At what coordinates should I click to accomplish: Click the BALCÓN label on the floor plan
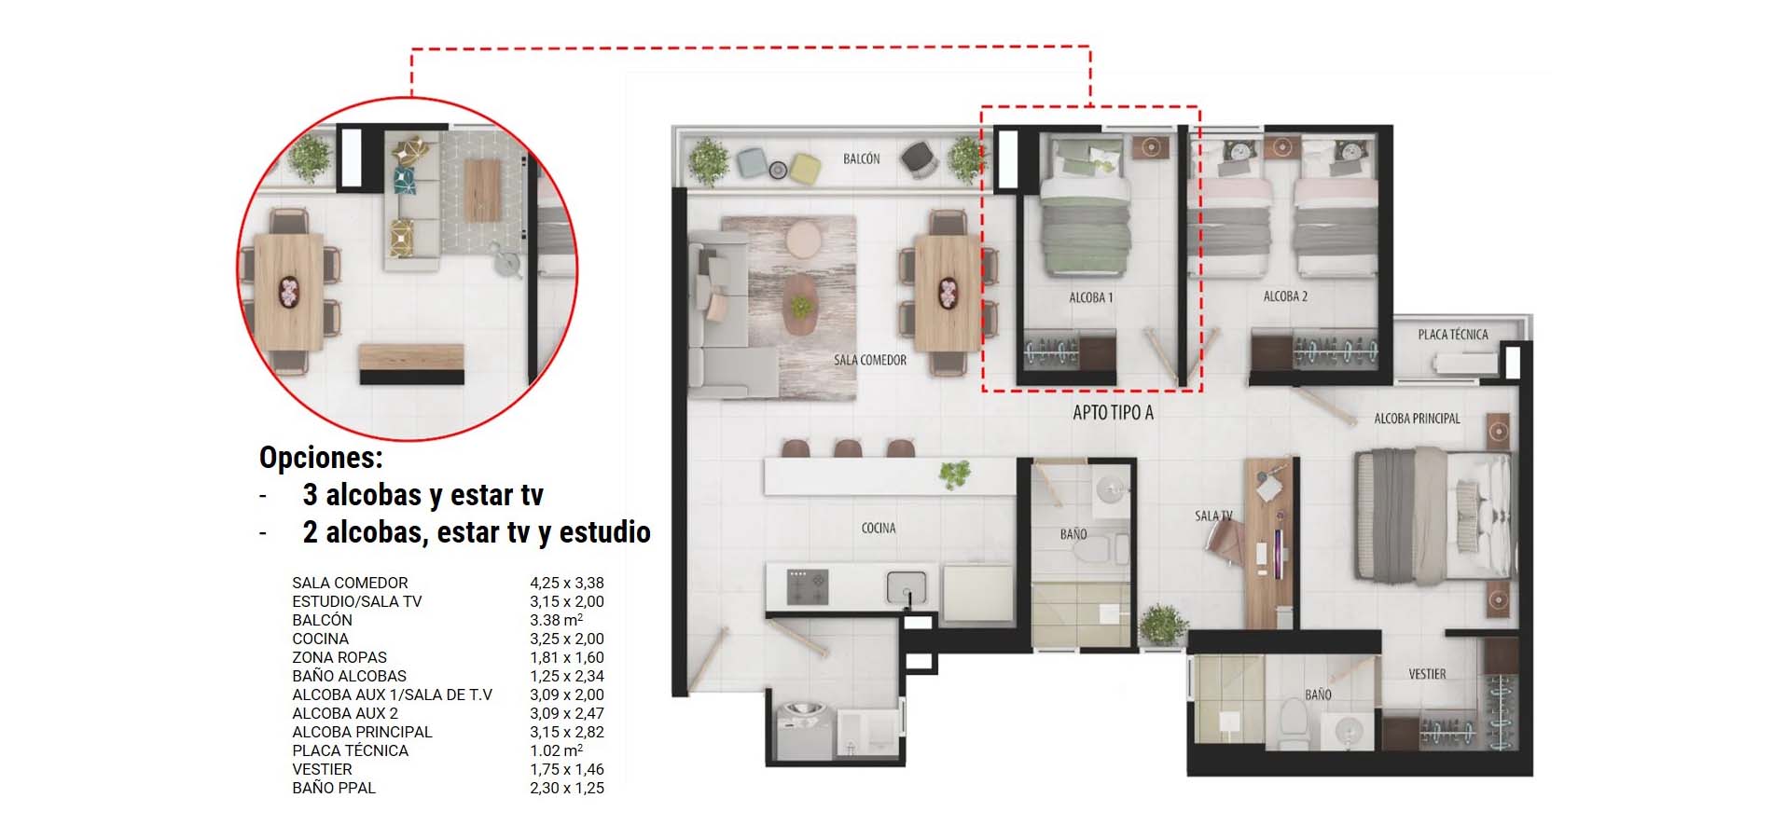tap(861, 159)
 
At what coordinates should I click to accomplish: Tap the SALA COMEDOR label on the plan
tap(869, 360)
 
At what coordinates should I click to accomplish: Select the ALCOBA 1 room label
tap(1090, 298)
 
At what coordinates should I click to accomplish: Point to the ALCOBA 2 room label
tap(1284, 296)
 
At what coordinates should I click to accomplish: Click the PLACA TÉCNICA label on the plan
tap(1452, 335)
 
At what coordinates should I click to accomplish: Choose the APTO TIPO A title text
tap(1113, 413)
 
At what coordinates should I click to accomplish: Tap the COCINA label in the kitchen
tap(878, 529)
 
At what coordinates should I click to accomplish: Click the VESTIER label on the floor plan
tap(1427, 674)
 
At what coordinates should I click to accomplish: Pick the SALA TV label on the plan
tap(1213, 516)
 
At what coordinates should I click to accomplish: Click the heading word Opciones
tap(321, 458)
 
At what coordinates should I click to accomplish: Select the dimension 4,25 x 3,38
tap(566, 583)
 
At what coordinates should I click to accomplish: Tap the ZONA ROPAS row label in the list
tap(339, 657)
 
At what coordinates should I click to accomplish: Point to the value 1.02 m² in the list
tap(556, 750)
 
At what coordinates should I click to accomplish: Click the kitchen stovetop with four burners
tap(807, 587)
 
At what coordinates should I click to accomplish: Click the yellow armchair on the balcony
tap(805, 168)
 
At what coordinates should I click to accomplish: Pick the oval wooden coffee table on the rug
tap(800, 305)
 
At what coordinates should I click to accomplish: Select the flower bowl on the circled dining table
tap(289, 293)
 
